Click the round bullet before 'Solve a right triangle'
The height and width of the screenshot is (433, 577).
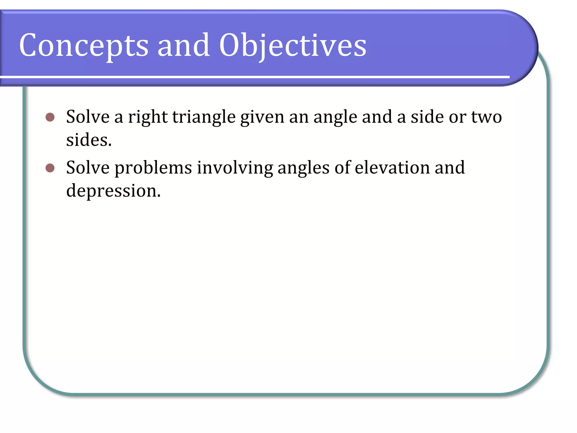[50, 117]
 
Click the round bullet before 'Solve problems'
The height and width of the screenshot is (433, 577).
[50, 168]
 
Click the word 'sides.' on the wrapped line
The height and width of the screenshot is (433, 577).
[89, 140]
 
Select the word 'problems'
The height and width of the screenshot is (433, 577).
[153, 168]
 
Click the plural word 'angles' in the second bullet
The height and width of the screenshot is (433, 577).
[303, 168]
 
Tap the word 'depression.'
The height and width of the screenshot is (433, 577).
[113, 191]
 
